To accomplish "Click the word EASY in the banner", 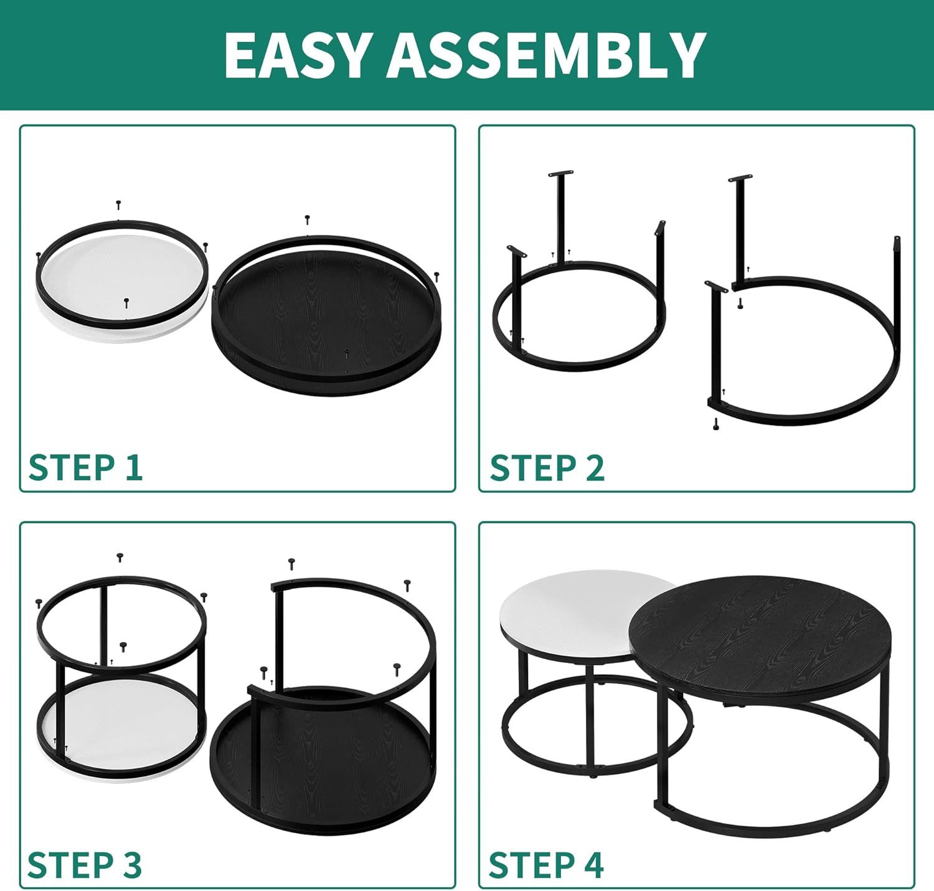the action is point(296,55).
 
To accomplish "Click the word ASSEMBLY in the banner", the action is point(547,55).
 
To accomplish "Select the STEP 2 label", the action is point(547,467).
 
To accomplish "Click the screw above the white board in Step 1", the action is point(118,205).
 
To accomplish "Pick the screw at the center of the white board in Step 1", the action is point(126,302).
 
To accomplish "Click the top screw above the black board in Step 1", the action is point(308,220).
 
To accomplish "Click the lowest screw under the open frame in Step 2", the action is point(715,424).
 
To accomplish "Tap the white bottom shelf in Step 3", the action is point(121,718).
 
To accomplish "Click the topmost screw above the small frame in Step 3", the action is point(120,557).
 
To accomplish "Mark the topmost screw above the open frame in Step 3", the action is point(291,565).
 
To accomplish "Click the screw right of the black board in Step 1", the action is point(436,277).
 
